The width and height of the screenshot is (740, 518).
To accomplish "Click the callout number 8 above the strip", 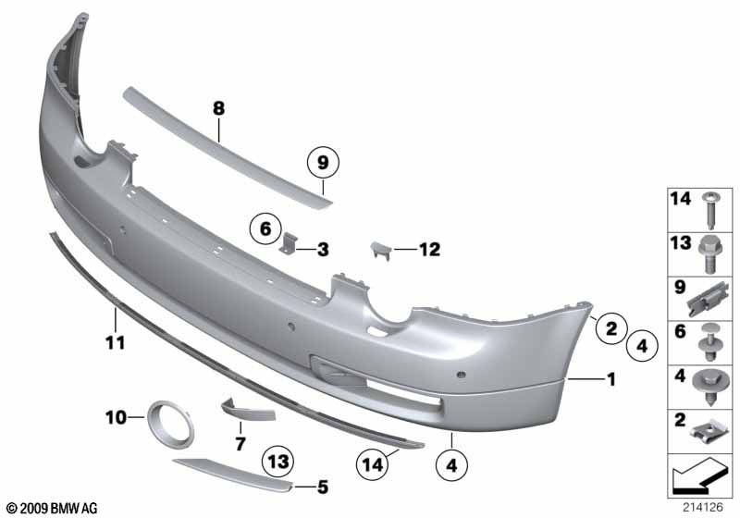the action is click(218, 108).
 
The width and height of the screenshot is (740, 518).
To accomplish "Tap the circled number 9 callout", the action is click(323, 163).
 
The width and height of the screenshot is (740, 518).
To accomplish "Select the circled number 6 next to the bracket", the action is click(265, 228).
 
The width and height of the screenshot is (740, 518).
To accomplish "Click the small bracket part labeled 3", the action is click(289, 243).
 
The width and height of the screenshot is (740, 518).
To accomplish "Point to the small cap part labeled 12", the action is click(381, 250).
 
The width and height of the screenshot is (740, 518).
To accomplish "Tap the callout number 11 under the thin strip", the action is click(116, 342).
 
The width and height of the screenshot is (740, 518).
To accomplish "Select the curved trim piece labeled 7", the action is click(248, 410).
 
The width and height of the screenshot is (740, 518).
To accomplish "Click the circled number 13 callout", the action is click(278, 461).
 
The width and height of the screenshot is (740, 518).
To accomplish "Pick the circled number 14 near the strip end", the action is click(373, 465).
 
